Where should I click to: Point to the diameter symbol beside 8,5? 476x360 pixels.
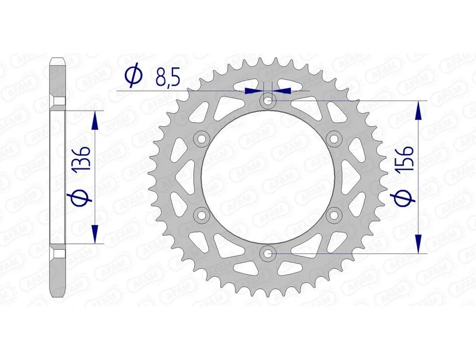(134, 76)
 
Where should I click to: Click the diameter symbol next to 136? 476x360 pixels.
(83, 196)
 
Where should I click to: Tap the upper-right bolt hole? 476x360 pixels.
(334, 140)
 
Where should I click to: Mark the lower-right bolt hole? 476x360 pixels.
(334, 215)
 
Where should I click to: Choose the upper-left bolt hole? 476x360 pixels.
(202, 140)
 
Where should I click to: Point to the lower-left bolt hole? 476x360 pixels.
(202, 215)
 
